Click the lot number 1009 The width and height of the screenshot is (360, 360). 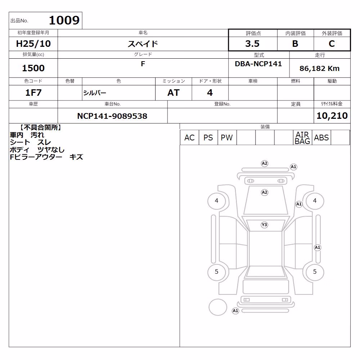64,21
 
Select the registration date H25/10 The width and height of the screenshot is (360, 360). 33,44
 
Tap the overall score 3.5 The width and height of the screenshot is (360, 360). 252,44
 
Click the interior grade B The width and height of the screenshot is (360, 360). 295,44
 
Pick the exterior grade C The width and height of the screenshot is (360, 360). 332,44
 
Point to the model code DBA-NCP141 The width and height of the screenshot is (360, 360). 258,64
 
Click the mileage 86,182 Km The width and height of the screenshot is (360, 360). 319,68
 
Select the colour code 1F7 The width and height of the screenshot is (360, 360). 33,93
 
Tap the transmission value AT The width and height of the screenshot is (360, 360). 174,93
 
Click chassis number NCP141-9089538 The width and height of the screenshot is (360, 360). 112,116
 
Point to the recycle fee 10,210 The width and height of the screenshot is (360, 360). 332,116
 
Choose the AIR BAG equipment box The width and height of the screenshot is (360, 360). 302,138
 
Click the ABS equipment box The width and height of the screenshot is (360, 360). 321,138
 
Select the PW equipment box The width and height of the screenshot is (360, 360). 227,138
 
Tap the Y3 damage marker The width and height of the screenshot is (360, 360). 265,225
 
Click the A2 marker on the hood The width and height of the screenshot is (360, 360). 265,192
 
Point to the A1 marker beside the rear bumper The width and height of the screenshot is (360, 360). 235,311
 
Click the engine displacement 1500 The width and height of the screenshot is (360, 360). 33,68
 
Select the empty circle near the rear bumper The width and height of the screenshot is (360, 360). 218,307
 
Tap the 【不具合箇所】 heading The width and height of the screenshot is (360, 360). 40,128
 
